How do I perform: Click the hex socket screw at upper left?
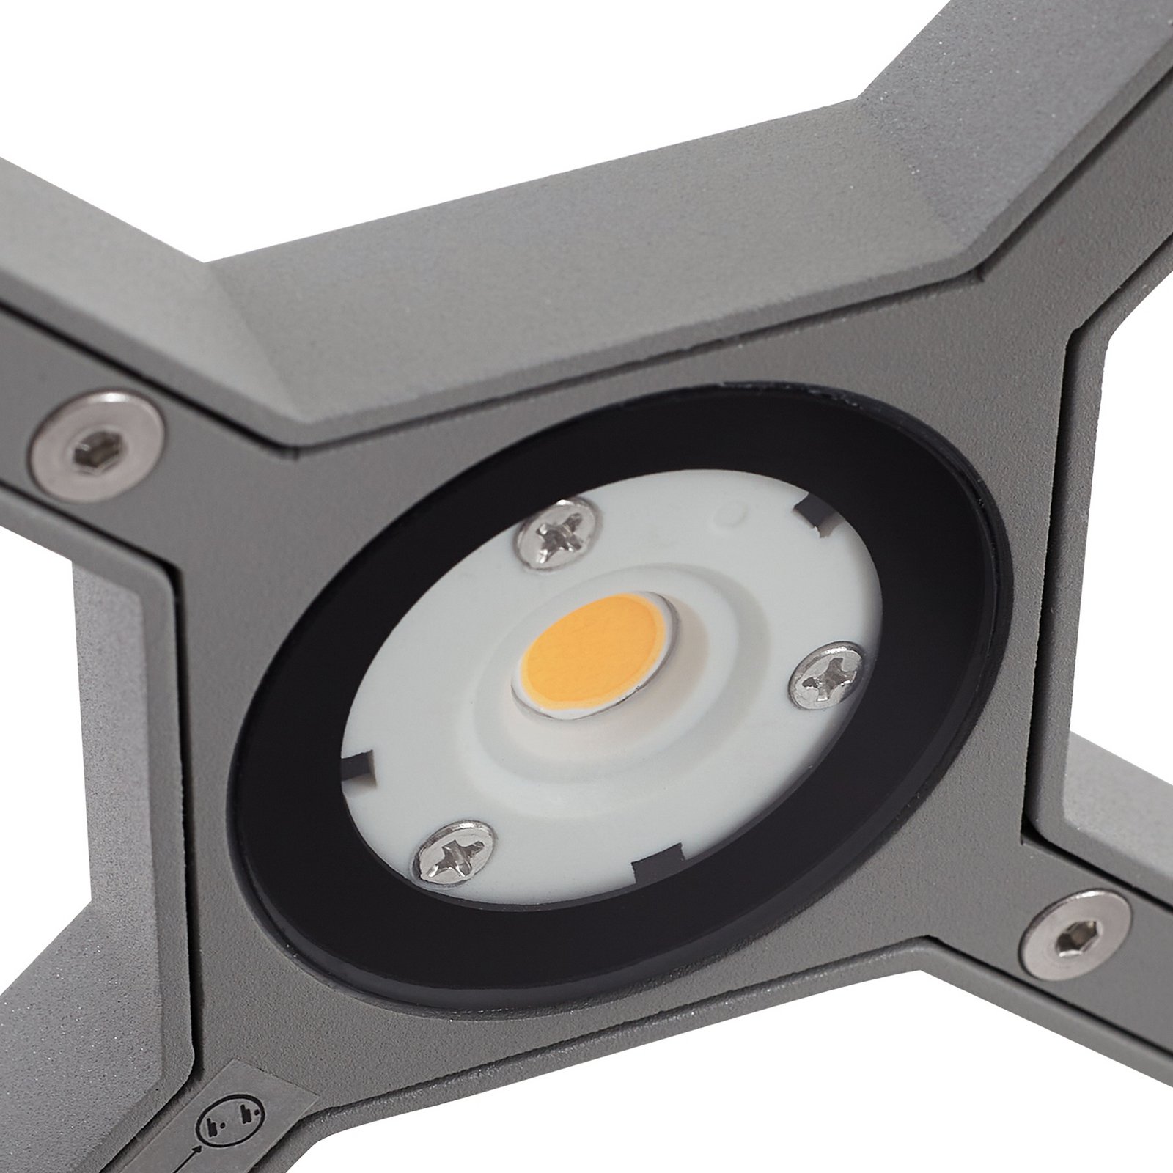pos(97,446)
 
